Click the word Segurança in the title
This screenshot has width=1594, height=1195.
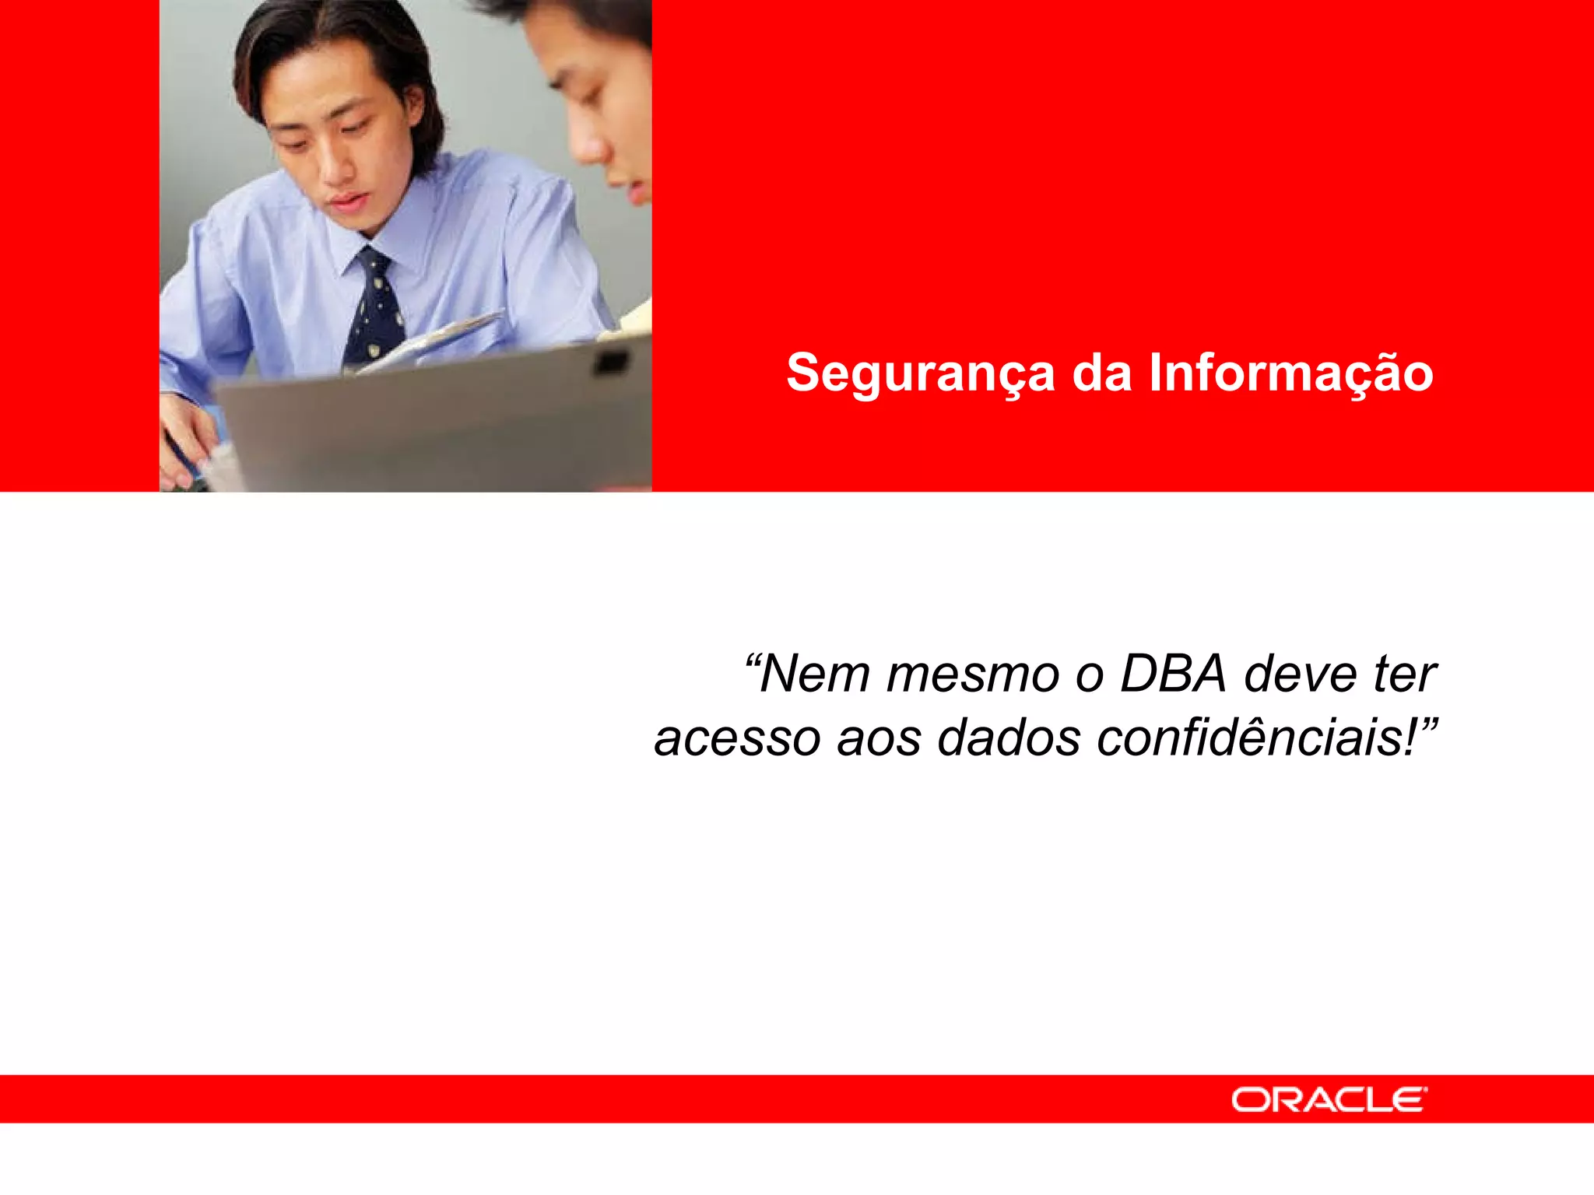[920, 373]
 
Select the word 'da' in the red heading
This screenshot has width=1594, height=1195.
[1101, 373]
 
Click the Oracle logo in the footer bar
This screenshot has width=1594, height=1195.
[1329, 1099]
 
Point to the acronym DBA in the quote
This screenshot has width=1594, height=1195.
[1173, 674]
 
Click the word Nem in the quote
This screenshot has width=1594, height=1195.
[814, 674]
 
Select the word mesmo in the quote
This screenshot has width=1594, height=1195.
[972, 675]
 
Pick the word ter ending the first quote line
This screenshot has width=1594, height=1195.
[1405, 674]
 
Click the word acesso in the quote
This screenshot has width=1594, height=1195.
[736, 738]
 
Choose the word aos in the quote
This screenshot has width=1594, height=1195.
[879, 738]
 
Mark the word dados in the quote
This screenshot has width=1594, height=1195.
[1009, 738]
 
